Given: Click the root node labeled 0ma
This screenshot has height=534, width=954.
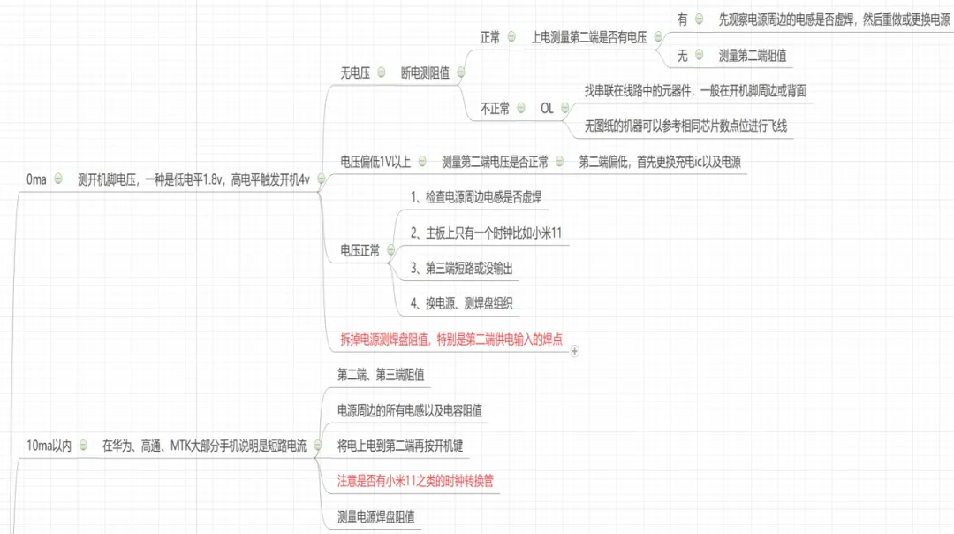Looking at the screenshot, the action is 36,179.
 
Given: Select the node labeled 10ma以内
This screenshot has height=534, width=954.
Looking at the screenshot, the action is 49,446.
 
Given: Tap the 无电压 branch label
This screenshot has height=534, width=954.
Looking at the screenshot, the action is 355,73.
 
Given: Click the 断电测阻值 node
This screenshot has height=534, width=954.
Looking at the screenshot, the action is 425,73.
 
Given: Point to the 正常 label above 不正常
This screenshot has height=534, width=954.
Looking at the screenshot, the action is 490,37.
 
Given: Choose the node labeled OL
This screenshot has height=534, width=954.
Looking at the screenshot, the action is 547,109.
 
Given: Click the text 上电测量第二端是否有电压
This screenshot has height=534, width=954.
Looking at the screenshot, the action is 588,37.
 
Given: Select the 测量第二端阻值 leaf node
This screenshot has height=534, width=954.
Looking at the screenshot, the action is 753,55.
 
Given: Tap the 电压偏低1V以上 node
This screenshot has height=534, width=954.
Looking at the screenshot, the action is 376,162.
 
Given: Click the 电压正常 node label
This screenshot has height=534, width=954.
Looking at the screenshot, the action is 360,251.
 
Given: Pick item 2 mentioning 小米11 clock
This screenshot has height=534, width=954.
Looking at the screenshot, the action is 487,233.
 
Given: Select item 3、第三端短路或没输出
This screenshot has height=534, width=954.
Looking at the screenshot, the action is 462,269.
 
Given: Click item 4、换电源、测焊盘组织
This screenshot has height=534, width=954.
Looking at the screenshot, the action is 462,304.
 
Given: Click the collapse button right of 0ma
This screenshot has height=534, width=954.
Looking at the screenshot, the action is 58,179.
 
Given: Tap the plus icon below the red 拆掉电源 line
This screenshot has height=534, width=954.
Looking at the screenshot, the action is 575,351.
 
